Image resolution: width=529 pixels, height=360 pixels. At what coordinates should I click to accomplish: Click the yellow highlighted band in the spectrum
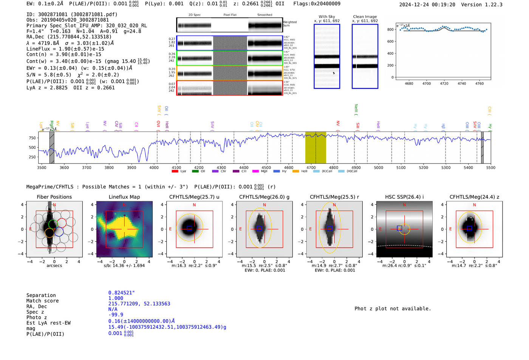tap(316, 147)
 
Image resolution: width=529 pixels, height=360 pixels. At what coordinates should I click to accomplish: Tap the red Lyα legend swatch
tap(175, 172)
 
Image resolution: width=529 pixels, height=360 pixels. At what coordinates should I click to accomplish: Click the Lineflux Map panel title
tap(124, 197)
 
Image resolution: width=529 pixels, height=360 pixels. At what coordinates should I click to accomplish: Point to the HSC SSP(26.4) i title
tap(404, 197)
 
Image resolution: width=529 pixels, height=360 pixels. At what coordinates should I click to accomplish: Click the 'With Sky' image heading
tap(327, 17)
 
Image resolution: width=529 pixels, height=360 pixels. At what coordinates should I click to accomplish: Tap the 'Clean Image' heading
tap(365, 17)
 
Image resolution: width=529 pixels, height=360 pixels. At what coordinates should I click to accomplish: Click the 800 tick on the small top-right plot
tap(390, 29)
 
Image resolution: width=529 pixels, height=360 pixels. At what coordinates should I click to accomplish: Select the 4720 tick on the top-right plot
tap(444, 83)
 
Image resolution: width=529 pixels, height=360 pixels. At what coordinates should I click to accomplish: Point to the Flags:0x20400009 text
tap(317, 4)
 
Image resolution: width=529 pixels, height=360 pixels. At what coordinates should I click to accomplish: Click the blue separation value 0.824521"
tap(122, 293)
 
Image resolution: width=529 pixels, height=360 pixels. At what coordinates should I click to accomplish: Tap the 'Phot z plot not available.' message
tap(393, 309)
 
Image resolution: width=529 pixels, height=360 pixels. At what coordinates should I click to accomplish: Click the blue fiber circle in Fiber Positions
tap(59, 232)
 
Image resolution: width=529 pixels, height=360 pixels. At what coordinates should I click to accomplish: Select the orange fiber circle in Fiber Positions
tap(49, 232)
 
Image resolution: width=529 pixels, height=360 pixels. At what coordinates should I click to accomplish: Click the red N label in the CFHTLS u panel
tap(194, 205)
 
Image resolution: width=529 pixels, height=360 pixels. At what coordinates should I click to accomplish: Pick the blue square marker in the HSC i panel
tap(399, 228)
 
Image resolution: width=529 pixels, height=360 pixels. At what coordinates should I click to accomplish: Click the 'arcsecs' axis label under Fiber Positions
tap(54, 266)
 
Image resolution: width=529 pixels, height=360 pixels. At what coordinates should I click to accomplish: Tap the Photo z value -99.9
tap(116, 315)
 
